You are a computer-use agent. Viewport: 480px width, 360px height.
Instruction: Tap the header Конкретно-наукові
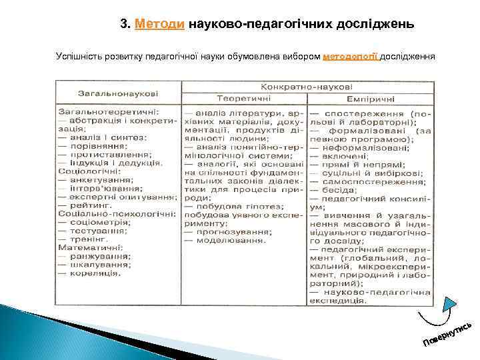(x=307, y=87)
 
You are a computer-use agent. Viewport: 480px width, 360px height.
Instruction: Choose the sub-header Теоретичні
(x=244, y=99)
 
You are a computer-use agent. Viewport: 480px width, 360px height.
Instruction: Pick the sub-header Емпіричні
(x=371, y=99)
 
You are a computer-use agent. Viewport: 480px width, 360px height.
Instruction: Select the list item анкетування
(x=100, y=179)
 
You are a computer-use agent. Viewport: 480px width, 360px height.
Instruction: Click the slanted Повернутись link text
(x=448, y=333)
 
